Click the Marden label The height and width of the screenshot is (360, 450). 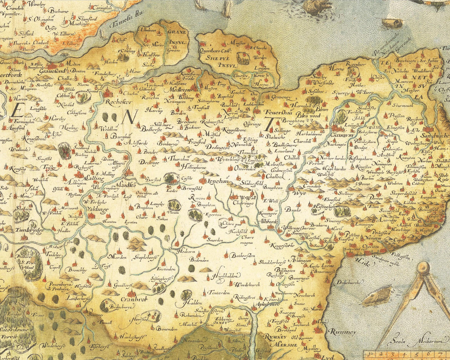click(x=118, y=257)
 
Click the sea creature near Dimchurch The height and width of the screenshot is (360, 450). click(x=378, y=295)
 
